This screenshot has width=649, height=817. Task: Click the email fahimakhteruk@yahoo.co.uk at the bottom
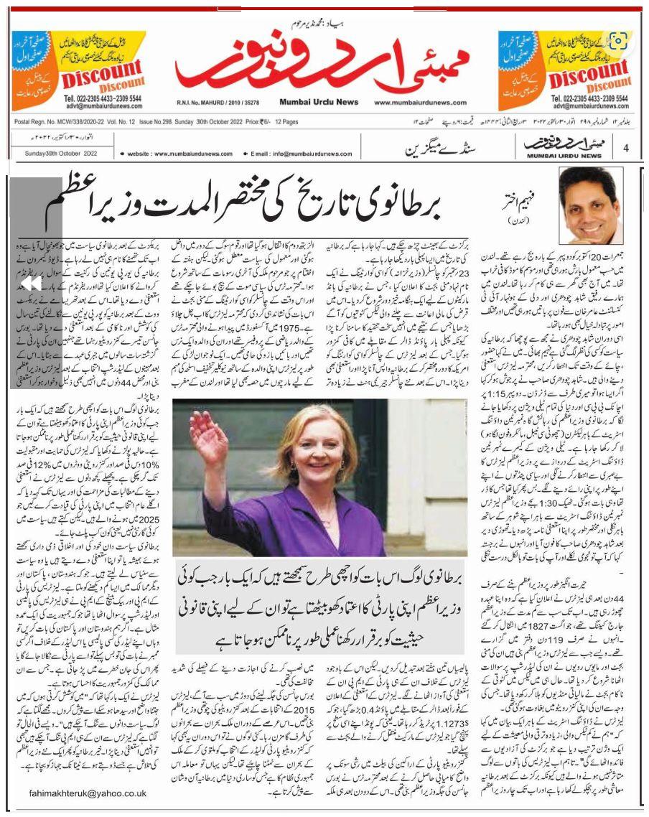88,793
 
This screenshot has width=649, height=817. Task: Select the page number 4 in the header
626,148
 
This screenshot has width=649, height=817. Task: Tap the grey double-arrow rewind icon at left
30,284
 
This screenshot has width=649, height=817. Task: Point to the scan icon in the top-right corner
619,39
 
